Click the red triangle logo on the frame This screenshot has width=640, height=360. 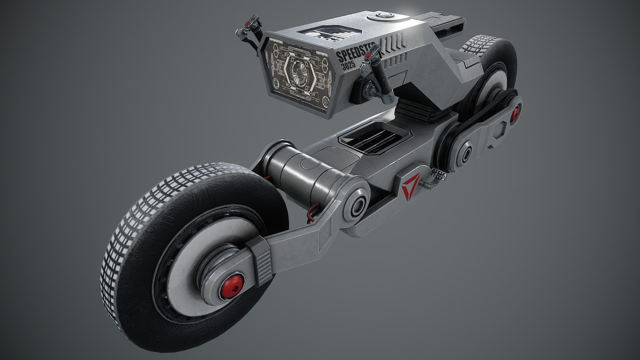coord(410,187)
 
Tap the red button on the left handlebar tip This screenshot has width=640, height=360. coord(249,23)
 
